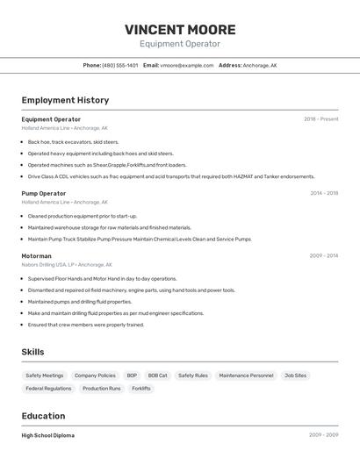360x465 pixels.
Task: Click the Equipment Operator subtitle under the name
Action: tap(179, 44)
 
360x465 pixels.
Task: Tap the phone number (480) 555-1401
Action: tap(119, 65)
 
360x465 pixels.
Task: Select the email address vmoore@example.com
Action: tap(187, 65)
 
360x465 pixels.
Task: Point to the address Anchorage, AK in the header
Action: tap(260, 65)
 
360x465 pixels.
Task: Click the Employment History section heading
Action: tap(65, 100)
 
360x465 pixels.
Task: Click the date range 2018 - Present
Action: tap(320, 119)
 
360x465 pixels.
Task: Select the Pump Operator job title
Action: tap(44, 193)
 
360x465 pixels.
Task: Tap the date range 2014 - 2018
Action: tap(323, 193)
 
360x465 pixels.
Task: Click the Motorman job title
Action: tap(37, 256)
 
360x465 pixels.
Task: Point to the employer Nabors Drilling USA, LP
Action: tap(47, 264)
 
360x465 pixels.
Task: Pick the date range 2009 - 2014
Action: tap(323, 256)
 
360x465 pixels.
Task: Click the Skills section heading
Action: tap(33, 352)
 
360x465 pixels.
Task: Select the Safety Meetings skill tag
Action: tap(45, 376)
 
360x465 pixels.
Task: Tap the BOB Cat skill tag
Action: tap(157, 376)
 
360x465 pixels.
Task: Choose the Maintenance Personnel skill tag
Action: tap(246, 376)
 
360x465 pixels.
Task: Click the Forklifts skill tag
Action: tap(140, 389)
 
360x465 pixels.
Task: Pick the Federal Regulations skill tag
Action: tap(48, 389)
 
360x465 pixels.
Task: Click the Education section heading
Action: tap(43, 416)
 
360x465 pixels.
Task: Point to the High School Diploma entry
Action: tap(48, 435)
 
